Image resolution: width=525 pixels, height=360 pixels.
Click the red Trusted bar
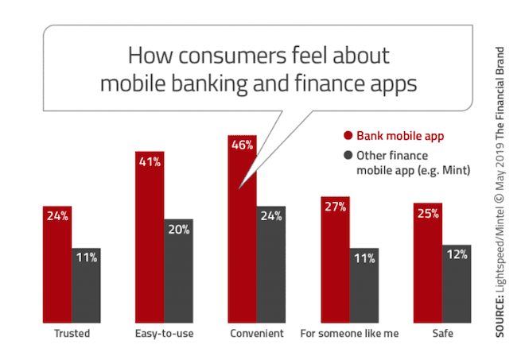pyautogui.click(x=57, y=265)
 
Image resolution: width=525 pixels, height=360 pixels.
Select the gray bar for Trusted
pyautogui.click(x=86, y=285)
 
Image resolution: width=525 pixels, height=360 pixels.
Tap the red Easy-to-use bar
pyautogui.click(x=150, y=237)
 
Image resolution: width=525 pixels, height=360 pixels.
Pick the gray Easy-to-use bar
pyautogui.click(x=178, y=271)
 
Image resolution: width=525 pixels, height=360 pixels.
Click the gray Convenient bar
pyautogui.click(x=271, y=265)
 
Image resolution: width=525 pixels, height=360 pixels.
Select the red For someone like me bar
pyautogui.click(x=335, y=260)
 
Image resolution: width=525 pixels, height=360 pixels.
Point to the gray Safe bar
pyautogui.click(x=457, y=284)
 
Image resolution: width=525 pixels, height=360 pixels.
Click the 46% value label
pyautogui.click(x=242, y=145)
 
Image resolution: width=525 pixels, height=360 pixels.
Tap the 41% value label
pyautogui.click(x=150, y=162)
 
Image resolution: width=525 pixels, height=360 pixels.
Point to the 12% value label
pyautogui.click(x=457, y=254)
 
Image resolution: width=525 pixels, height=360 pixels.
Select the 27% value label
pyautogui.click(x=335, y=207)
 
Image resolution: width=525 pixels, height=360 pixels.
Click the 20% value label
pyautogui.click(x=179, y=230)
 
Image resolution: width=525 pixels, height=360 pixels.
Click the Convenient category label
pyautogui.click(x=257, y=334)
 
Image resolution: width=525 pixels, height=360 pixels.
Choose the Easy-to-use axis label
pyautogui.click(x=164, y=334)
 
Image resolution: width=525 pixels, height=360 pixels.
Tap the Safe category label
pyautogui.click(x=442, y=334)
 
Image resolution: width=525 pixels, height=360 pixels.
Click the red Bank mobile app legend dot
pyautogui.click(x=348, y=136)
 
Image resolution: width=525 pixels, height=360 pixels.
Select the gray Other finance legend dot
pyautogui.click(x=348, y=155)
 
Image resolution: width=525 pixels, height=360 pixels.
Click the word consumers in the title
pyautogui.click(x=232, y=56)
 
